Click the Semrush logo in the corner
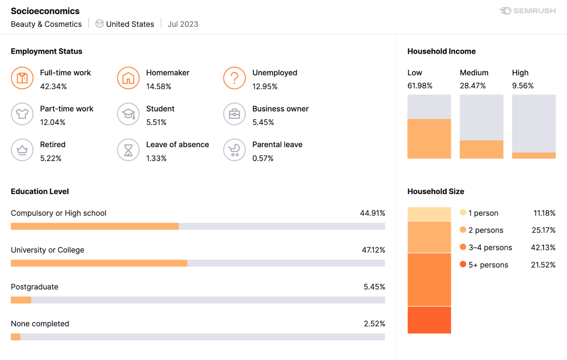click(527, 11)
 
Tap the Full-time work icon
click(22, 78)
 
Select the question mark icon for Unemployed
click(234, 78)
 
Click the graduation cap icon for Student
click(128, 114)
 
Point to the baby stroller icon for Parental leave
click(234, 150)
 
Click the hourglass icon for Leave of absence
click(128, 150)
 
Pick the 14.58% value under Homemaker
click(158, 87)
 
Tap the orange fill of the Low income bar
click(429, 139)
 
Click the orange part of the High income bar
click(533, 155)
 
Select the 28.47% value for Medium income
click(472, 86)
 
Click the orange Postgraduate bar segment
click(21, 300)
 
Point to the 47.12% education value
click(373, 250)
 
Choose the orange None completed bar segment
click(16, 337)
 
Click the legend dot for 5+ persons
click(463, 264)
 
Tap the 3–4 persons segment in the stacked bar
click(429, 279)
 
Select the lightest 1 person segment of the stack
click(429, 214)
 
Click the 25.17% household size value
click(543, 230)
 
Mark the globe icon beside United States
click(100, 24)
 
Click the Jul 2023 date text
click(183, 24)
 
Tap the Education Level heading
click(40, 192)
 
